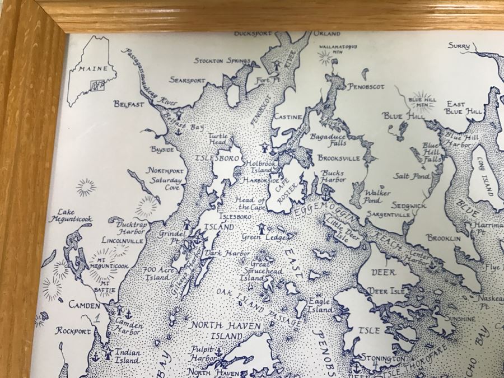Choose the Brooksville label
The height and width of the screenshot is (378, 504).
point(339,158)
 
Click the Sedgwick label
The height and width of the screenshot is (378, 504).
point(408,206)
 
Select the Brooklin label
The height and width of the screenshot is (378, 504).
point(444,238)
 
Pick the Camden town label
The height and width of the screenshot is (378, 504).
point(84,306)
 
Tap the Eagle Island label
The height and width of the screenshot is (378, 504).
point(320,305)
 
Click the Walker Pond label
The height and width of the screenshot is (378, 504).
point(377,196)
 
